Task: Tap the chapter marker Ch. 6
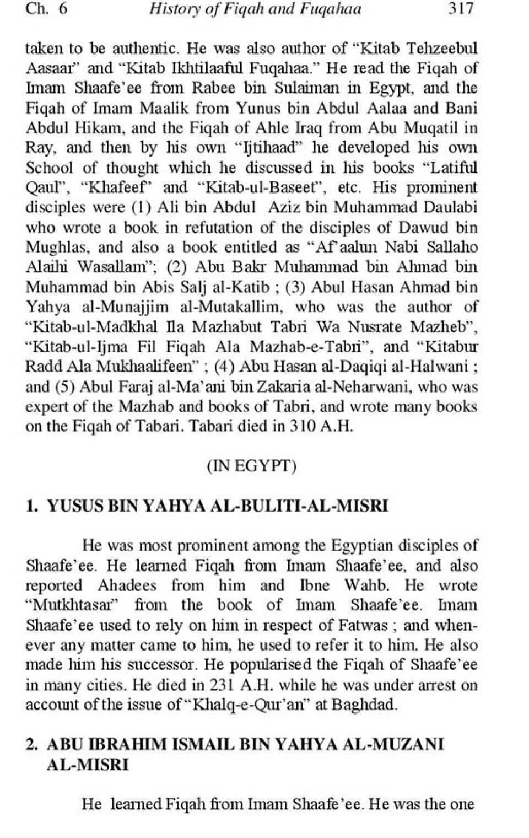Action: (46, 9)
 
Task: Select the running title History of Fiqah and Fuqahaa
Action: (256, 9)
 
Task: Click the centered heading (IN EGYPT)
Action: (252, 466)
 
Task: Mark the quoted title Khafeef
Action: (117, 188)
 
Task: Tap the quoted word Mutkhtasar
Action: (73, 605)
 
